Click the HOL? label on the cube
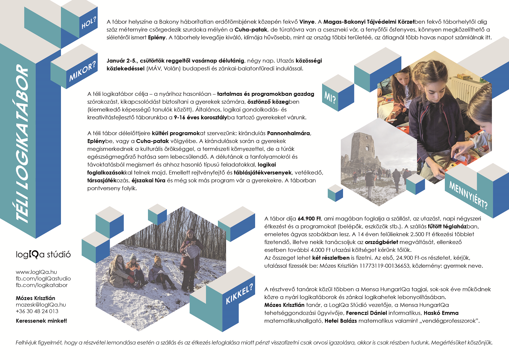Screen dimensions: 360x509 [89, 23]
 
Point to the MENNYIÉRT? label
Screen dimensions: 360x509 [468, 195]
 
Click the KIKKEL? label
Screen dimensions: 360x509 [239, 294]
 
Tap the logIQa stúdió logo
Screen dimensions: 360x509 [43, 254]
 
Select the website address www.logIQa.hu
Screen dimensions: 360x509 [36, 272]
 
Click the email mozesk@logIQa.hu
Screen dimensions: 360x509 [41, 305]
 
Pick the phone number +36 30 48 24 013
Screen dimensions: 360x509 [37, 311]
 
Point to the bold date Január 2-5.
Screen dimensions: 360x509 [122, 61]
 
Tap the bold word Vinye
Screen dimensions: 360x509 [307, 22]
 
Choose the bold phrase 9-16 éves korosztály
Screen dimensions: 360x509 [201, 118]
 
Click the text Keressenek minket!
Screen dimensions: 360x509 [41, 321]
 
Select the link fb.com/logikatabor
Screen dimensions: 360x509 [42, 285]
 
